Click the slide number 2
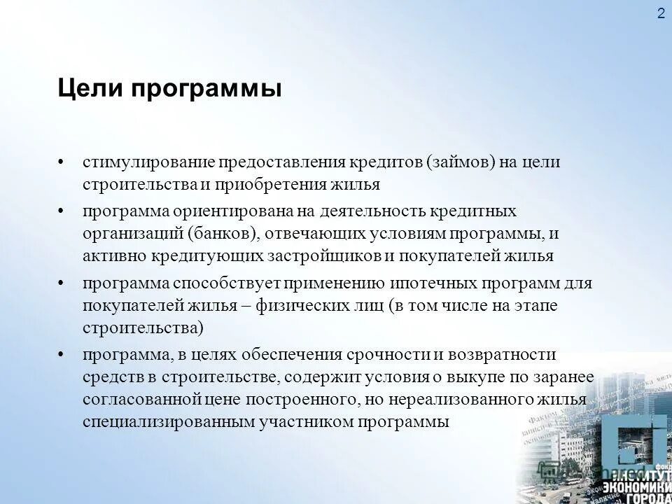661,15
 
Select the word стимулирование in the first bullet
148,162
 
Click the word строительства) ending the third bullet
143,328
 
